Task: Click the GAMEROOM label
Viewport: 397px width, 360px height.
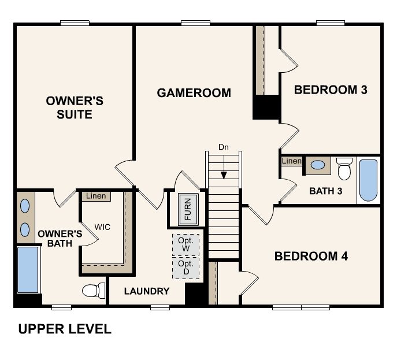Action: coord(194,93)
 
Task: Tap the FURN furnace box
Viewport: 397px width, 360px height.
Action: coord(188,209)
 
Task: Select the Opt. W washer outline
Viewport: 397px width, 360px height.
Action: coord(185,245)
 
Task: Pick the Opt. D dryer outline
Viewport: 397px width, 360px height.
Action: coord(185,268)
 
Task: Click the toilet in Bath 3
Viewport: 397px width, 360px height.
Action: coord(344,169)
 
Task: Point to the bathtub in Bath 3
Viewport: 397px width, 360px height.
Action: coord(368,180)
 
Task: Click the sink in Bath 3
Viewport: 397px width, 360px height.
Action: coord(318,165)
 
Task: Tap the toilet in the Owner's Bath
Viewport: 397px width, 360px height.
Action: coord(94,291)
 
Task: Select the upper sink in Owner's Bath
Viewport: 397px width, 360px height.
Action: coord(25,206)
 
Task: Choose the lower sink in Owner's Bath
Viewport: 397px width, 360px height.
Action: coord(25,229)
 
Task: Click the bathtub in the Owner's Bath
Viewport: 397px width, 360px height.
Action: coord(28,270)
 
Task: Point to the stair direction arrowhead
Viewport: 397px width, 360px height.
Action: coord(224,175)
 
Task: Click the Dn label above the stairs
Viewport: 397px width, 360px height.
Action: coord(224,147)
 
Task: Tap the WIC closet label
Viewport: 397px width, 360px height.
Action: coord(102,227)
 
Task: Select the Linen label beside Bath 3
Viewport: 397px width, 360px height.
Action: coord(292,161)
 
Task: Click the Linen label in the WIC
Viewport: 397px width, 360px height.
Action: coord(96,196)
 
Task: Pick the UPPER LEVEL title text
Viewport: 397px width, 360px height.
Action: coord(65,329)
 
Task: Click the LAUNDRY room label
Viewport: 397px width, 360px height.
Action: coord(147,291)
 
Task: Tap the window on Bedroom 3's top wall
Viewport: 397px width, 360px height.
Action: coord(331,23)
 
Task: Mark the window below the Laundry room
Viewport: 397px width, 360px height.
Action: coord(160,307)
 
